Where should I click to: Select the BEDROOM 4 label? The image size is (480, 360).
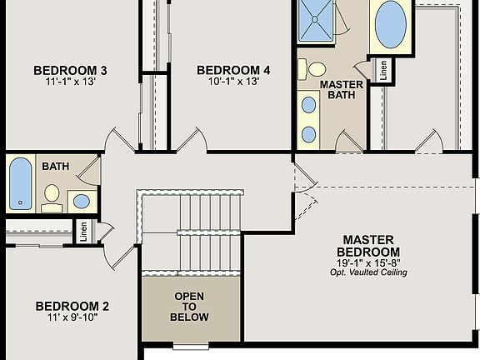pyautogui.click(x=234, y=69)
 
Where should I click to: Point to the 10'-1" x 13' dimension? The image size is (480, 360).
pyautogui.click(x=234, y=82)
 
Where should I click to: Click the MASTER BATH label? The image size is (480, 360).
pyautogui.click(x=341, y=91)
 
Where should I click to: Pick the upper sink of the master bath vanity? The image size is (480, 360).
pyautogui.click(x=308, y=105)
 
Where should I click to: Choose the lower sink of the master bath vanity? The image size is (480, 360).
pyautogui.click(x=308, y=133)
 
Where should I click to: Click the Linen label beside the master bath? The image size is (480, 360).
pyautogui.click(x=382, y=72)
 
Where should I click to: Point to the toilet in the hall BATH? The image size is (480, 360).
pyautogui.click(x=52, y=194)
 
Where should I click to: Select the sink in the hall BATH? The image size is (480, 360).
pyautogui.click(x=81, y=201)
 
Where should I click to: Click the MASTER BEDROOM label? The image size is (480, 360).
pyautogui.click(x=367, y=246)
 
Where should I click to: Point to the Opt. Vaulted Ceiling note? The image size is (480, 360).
pyautogui.click(x=367, y=272)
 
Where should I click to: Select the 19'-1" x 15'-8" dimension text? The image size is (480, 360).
pyautogui.click(x=367, y=262)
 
